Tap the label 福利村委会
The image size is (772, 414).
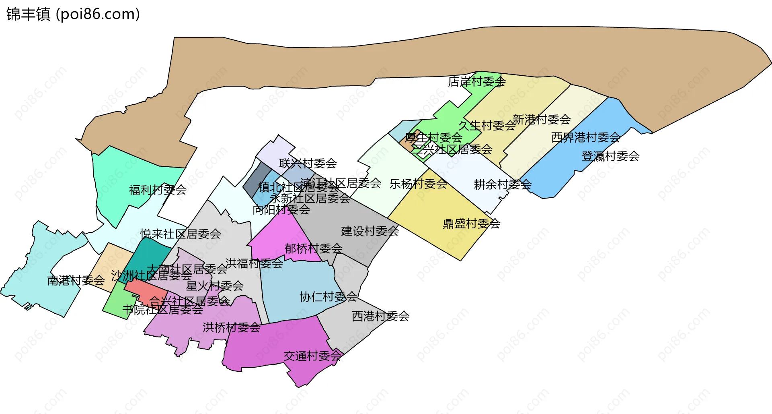coord(158,190)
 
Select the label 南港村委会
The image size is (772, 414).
coord(76,280)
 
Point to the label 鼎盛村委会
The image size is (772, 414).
coord(471,224)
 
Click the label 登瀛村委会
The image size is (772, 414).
coord(610,156)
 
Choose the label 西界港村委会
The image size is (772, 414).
coord(585,137)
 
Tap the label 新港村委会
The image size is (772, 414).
coord(542,119)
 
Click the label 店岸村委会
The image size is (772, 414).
coord(476,82)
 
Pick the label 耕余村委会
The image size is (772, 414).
coord(503,184)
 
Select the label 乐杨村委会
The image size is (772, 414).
coord(418,184)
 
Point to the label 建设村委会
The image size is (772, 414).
coord(370,231)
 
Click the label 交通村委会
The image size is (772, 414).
coord(312,356)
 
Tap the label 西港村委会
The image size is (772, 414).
coord(380,316)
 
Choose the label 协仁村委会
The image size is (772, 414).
coord(328,297)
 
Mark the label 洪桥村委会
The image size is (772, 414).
coord(231,327)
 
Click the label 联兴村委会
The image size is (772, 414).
coord(308,163)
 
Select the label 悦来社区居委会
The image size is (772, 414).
coord(181,234)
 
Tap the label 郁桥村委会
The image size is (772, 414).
coord(314,248)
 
